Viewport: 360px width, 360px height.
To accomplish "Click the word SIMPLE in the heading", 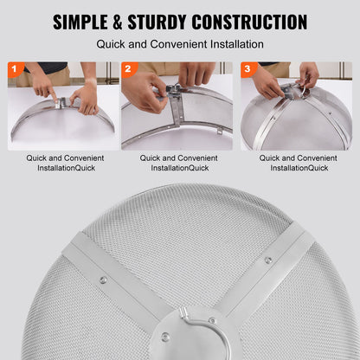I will click(87, 22).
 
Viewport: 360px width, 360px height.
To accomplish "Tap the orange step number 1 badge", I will click(14, 67).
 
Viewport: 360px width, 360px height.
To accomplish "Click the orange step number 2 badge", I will click(127, 67).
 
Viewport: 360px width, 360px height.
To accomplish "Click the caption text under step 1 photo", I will click(60, 163).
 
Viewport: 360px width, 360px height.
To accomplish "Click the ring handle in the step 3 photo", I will click(305, 87).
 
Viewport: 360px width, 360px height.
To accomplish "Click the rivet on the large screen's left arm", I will click(104, 279).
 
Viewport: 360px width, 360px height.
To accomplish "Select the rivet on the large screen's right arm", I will click(268, 260).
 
